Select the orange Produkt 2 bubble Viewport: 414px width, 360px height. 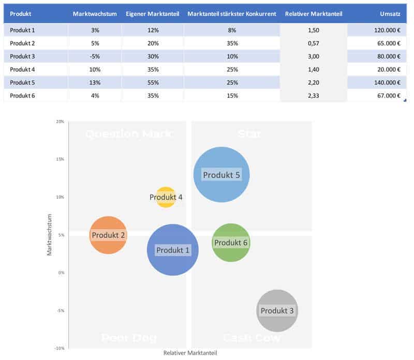click(108, 235)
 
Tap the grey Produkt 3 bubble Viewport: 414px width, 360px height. click(277, 311)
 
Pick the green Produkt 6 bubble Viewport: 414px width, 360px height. click(231, 243)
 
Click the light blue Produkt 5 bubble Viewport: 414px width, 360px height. click(221, 175)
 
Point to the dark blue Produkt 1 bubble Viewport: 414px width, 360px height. click(173, 250)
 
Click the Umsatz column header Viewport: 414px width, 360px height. click(391, 13)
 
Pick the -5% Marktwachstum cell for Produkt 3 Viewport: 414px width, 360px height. click(94, 56)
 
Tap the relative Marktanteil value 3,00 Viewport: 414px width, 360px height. click(313, 56)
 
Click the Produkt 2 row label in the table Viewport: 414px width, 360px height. click(22, 43)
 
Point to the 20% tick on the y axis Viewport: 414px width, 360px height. click(60, 122)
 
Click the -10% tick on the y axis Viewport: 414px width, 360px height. click(60, 348)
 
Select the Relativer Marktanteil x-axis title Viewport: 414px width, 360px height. click(190, 353)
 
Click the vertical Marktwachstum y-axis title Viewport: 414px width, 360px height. click(50, 234)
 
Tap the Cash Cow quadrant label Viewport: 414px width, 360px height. click(252, 338)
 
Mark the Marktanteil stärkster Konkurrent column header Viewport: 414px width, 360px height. click(231, 13)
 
